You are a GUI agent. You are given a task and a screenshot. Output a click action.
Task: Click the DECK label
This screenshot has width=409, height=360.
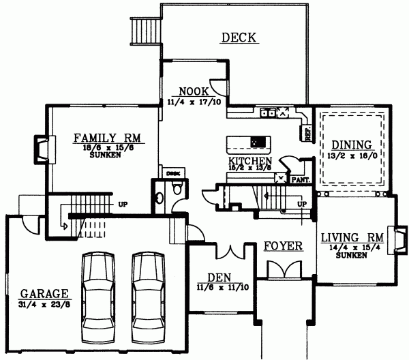(x=239, y=38)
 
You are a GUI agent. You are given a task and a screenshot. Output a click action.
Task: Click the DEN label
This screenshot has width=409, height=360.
(x=219, y=277)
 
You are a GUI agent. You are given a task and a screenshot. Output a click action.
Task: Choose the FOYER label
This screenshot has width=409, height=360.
(x=284, y=246)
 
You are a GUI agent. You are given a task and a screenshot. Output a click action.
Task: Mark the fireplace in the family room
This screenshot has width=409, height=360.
(x=42, y=148)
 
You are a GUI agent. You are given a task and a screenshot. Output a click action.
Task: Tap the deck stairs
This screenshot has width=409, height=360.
(x=145, y=29)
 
